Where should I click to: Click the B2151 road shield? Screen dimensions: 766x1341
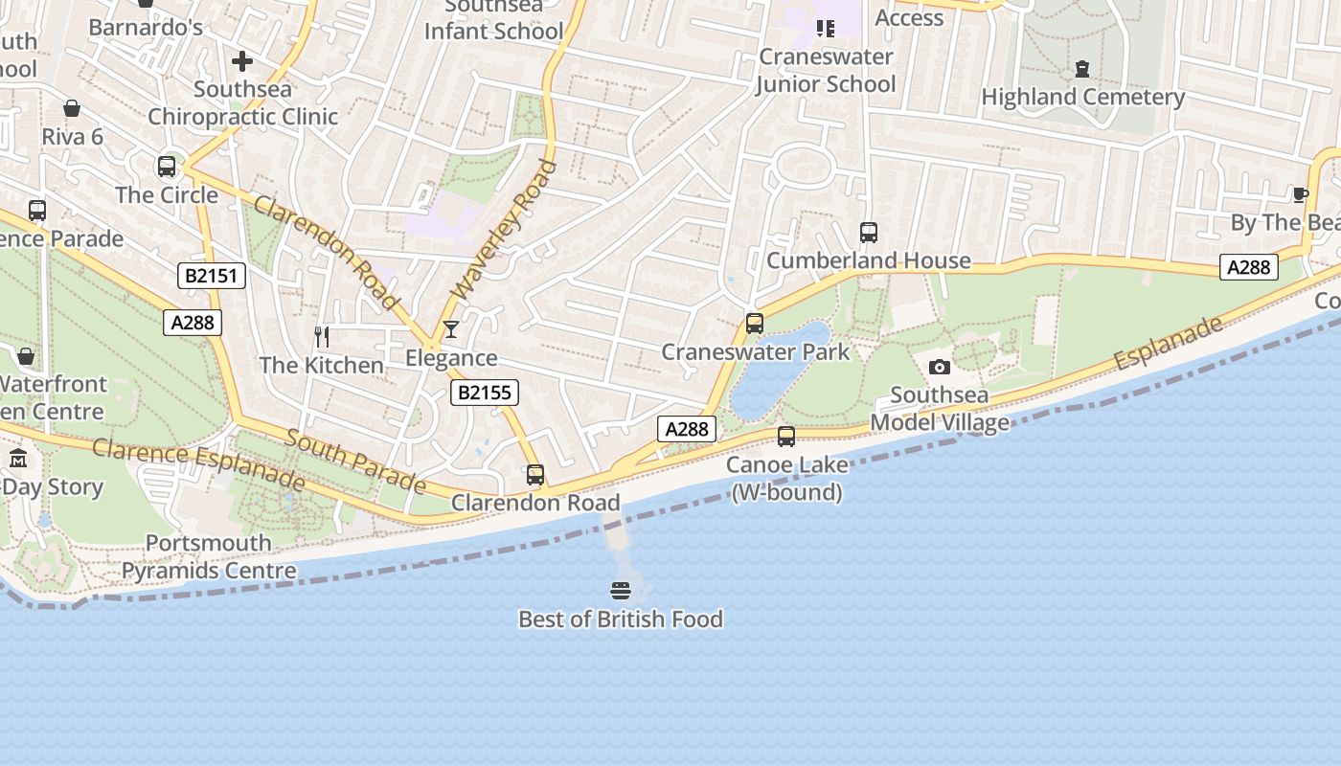point(213,276)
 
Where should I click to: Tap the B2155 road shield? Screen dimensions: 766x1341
point(485,392)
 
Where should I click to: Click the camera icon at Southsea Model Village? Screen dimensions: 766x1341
point(940,367)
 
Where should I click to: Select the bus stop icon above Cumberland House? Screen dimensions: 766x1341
point(869,233)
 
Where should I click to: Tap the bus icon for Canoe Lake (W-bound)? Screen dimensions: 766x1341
point(786,437)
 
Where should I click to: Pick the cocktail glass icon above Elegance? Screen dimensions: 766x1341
point(450,330)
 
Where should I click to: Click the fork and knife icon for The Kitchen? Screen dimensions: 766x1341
point(322,337)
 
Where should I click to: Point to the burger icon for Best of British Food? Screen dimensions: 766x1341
point(621,591)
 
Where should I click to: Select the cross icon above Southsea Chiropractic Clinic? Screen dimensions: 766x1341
point(242,62)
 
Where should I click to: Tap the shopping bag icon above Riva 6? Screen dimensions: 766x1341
point(72,109)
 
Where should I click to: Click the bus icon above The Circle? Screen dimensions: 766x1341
point(167,167)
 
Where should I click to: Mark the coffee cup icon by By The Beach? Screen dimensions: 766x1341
point(1300,195)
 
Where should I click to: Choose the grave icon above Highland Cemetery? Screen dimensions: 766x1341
point(1082,69)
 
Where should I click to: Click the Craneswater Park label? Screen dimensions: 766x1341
point(756,352)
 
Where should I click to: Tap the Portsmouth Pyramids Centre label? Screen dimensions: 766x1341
point(209,557)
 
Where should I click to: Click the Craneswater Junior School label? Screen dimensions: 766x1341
point(826,71)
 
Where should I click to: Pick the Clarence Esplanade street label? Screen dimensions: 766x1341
point(199,463)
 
